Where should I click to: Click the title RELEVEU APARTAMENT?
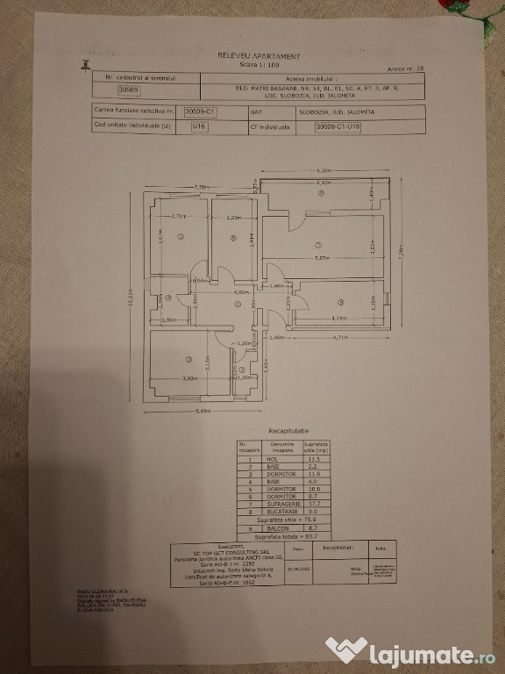tap(259, 54)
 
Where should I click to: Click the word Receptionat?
tap(337, 545)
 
